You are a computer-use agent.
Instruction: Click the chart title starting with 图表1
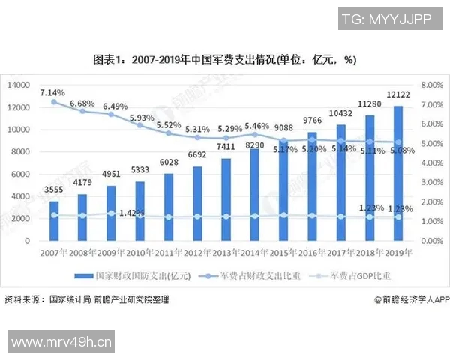[x=224, y=60]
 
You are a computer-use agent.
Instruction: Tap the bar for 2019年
[x=397, y=172]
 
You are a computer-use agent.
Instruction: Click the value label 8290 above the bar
[x=254, y=144]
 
